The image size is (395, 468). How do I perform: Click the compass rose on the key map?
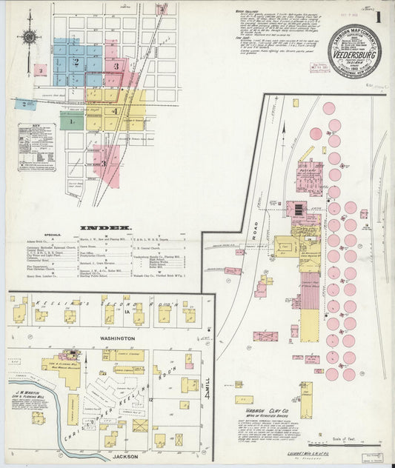pyautogui.click(x=30, y=36)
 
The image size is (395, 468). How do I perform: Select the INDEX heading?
pyautogui.click(x=106, y=227)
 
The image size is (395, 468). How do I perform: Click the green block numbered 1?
pyautogui.click(x=72, y=121)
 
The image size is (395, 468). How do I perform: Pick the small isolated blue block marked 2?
pyautogui.click(x=27, y=104)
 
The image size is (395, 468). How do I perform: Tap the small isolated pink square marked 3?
pyautogui.click(x=41, y=70)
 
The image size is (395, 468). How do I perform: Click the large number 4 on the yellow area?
pyautogui.click(x=114, y=110)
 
